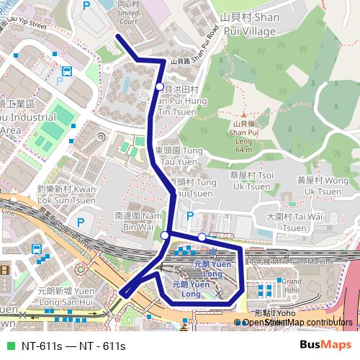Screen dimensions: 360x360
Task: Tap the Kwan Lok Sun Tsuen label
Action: click(x=66, y=194)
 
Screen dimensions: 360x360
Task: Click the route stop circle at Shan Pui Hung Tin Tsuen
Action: click(x=159, y=87)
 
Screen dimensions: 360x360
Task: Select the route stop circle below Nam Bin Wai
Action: click(x=165, y=235)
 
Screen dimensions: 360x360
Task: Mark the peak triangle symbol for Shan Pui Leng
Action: click(x=243, y=114)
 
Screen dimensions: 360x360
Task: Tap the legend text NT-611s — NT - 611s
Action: click(x=73, y=346)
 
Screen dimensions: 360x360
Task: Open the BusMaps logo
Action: click(x=329, y=345)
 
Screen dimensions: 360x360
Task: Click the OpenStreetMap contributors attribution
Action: click(x=295, y=322)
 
